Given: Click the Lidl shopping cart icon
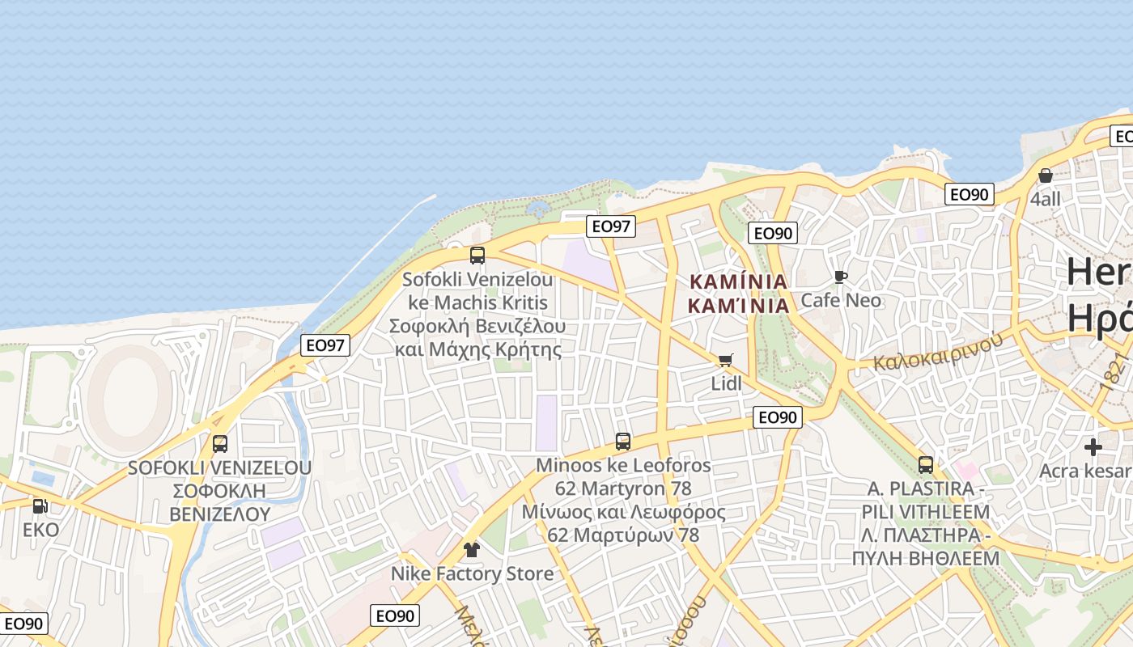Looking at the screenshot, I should click(725, 360).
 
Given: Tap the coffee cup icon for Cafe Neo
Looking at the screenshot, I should click(841, 277).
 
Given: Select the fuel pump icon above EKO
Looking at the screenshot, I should click(39, 506).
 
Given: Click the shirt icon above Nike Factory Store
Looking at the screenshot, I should click(472, 550).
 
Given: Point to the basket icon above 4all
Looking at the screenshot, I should click(1046, 175).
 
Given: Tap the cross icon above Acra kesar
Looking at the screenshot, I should click(1093, 446).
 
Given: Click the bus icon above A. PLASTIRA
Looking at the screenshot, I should click(926, 465).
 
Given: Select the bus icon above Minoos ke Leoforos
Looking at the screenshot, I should click(623, 442).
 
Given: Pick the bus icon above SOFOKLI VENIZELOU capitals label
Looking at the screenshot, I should click(220, 444).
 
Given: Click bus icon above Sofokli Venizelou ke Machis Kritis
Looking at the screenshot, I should click(477, 256).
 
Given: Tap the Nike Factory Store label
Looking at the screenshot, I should click(473, 574).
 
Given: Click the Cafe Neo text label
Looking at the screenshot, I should click(841, 301).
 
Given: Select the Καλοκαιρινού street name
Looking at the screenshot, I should click(937, 350).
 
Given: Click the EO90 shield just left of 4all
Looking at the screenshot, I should click(970, 194).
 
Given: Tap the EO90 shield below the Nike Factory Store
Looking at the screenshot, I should click(395, 615).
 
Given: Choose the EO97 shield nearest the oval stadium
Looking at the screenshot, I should click(325, 345).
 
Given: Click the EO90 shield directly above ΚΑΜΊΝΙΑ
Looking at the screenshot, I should click(773, 234).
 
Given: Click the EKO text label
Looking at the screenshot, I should click(40, 530).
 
